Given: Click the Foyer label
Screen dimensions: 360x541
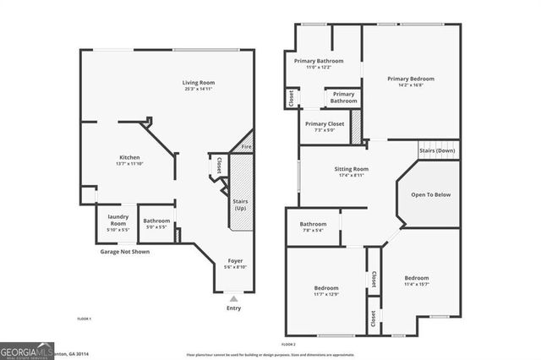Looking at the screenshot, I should point(235,263).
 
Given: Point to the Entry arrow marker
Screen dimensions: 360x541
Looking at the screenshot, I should point(234,298).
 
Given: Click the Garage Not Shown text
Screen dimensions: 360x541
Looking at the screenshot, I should point(125,251).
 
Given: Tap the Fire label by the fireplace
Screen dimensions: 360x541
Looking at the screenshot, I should point(246,147).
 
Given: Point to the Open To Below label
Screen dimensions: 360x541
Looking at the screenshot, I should point(430,194).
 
